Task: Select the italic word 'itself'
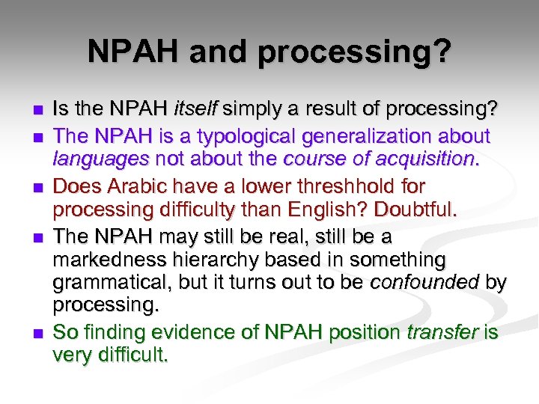coord(195,111)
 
